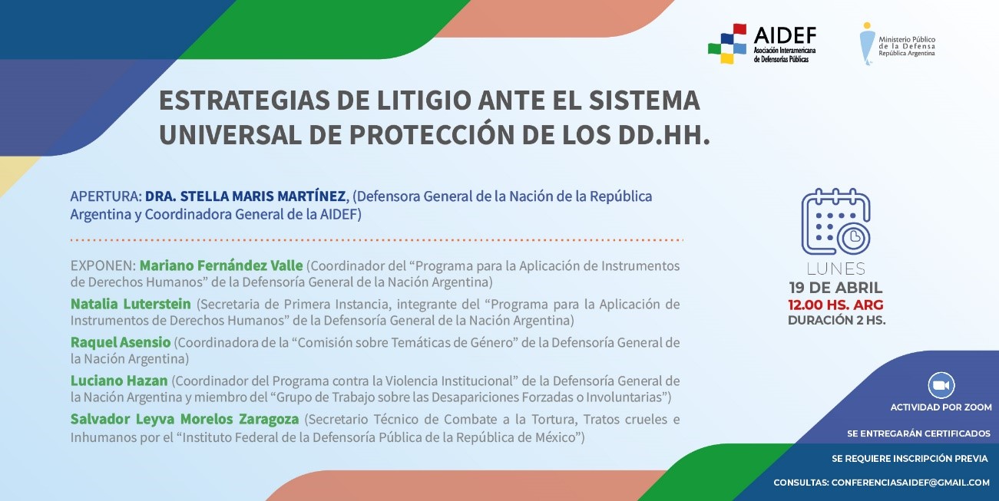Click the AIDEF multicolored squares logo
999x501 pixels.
(727, 44)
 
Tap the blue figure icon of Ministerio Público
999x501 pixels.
(867, 44)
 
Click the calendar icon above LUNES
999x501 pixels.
(835, 222)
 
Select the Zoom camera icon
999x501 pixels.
(941, 385)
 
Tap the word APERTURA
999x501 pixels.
(106, 196)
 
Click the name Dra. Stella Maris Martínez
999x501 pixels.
(245, 196)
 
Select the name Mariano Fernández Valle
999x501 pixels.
(221, 265)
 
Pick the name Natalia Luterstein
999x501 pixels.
(131, 304)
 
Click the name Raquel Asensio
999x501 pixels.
(121, 342)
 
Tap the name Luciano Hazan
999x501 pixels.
(119, 381)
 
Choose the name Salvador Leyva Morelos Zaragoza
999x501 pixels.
(184, 420)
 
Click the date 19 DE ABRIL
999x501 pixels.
(835, 288)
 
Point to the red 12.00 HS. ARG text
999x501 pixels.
(835, 305)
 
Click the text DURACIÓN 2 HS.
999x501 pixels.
(837, 320)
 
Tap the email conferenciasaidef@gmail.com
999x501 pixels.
(911, 483)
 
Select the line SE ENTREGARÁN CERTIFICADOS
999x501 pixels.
(918, 433)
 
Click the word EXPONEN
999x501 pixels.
(103, 265)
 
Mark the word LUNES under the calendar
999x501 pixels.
(836, 269)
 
